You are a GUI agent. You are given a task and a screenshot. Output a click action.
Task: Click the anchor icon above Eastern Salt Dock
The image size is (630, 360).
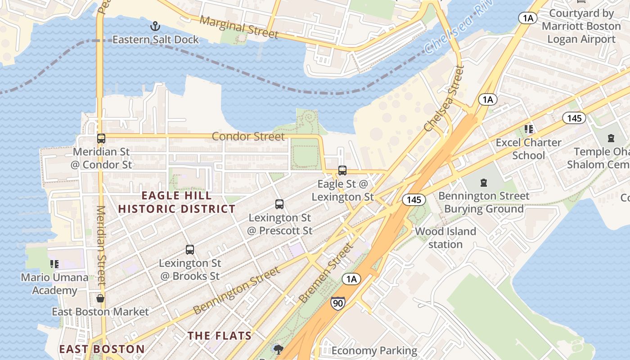155,26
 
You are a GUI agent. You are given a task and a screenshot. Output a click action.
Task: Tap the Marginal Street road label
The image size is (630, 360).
239,27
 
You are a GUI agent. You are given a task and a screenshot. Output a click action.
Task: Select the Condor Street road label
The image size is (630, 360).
248,136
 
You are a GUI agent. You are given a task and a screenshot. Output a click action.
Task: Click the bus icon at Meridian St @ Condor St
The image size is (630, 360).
101,139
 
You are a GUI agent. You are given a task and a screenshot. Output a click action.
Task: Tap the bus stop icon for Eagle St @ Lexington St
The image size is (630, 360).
342,171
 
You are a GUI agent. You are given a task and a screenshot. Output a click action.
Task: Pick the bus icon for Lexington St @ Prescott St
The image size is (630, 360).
279,204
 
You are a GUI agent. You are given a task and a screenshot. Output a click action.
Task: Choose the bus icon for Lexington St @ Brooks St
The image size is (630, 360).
190,250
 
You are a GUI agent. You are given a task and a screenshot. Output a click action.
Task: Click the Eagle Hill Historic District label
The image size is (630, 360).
176,202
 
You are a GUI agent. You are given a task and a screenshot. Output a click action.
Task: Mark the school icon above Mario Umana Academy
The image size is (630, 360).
54,264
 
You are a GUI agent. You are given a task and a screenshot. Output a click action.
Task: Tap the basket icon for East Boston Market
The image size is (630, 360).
100,298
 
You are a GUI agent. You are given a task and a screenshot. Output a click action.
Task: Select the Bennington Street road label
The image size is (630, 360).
237,291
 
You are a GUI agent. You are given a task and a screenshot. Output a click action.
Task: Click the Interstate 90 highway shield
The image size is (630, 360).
337,303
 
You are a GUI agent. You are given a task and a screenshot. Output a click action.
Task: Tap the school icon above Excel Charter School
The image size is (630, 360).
529,129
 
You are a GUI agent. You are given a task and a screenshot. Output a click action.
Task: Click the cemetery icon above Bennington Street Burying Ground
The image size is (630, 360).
484,183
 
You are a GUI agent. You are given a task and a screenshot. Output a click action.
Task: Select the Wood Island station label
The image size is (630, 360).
445,238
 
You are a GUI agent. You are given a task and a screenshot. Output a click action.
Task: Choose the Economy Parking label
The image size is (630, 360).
374,351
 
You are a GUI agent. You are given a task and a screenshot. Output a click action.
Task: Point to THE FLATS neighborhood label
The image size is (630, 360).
220,336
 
